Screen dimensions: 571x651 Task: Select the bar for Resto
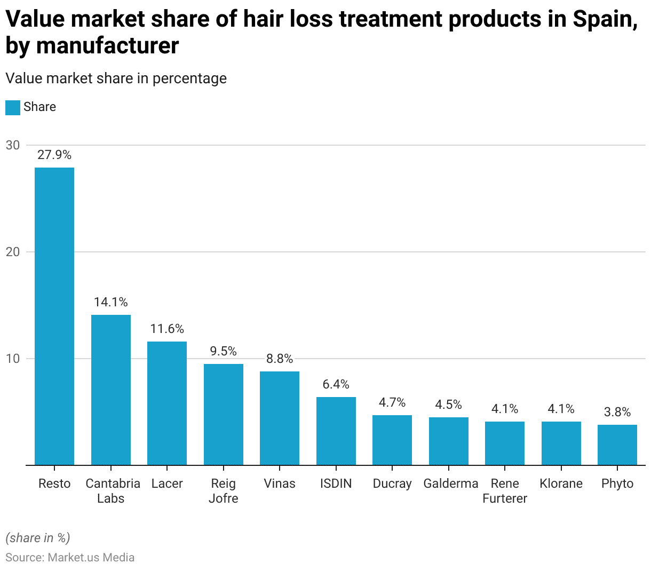click(54, 316)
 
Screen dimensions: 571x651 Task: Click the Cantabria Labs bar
click(110, 390)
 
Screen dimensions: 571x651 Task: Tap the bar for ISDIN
click(336, 431)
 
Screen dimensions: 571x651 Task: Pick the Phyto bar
click(617, 445)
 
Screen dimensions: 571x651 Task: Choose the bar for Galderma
click(448, 441)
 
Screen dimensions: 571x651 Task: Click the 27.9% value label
click(54, 155)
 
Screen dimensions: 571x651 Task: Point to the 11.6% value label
click(167, 329)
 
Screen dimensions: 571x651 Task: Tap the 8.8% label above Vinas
click(280, 359)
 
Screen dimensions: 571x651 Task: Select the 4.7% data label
click(392, 402)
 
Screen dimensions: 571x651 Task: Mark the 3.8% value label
click(617, 412)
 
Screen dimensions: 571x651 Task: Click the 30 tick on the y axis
click(13, 145)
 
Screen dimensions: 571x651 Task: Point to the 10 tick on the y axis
click(13, 359)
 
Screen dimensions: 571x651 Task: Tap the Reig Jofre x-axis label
click(223, 491)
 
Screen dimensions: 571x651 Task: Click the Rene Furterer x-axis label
click(505, 491)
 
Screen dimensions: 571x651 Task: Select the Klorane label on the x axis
click(561, 483)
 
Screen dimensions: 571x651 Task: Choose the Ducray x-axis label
click(392, 483)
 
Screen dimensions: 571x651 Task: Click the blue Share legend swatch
click(13, 107)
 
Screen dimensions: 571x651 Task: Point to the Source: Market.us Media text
click(70, 558)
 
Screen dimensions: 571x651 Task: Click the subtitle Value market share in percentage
click(116, 78)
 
